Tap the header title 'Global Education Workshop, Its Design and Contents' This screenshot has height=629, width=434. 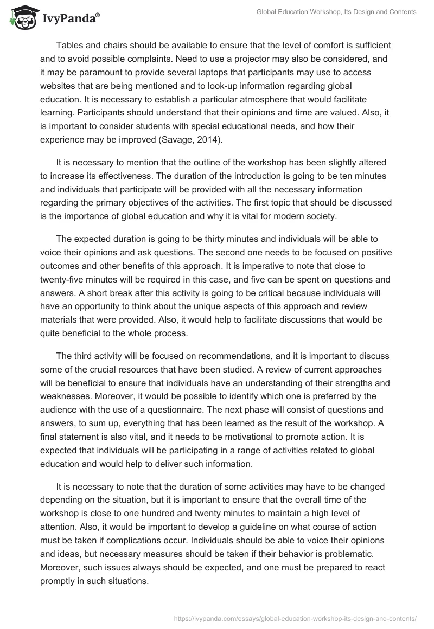[x=336, y=12]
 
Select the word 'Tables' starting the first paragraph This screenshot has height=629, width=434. [x=69, y=46]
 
